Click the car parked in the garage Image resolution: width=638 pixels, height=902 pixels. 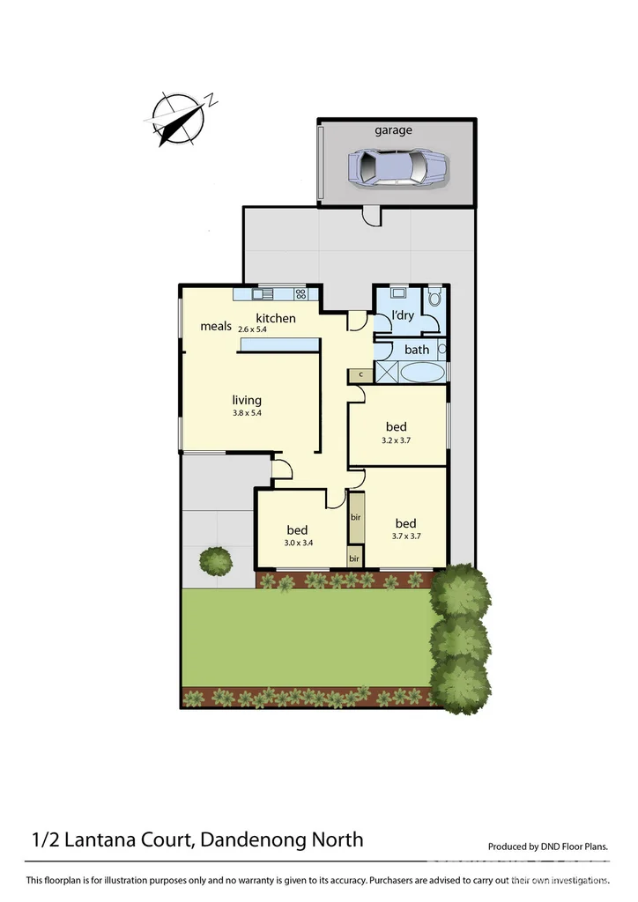click(397, 166)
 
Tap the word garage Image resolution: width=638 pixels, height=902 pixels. click(393, 130)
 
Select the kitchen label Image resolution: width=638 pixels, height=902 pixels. click(276, 318)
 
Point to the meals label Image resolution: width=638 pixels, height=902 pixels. click(216, 326)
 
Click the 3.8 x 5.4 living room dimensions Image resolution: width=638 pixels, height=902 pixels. click(246, 412)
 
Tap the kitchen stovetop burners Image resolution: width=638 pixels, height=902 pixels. click(301, 294)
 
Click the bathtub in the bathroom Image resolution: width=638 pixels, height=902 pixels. click(423, 373)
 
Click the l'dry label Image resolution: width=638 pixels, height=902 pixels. click(403, 316)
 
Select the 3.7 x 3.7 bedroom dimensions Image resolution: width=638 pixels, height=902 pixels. click(405, 536)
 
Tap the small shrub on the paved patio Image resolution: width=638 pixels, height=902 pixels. click(216, 559)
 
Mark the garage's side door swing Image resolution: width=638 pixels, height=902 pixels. click(371, 214)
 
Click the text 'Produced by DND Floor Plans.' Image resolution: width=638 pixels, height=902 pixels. click(548, 847)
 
